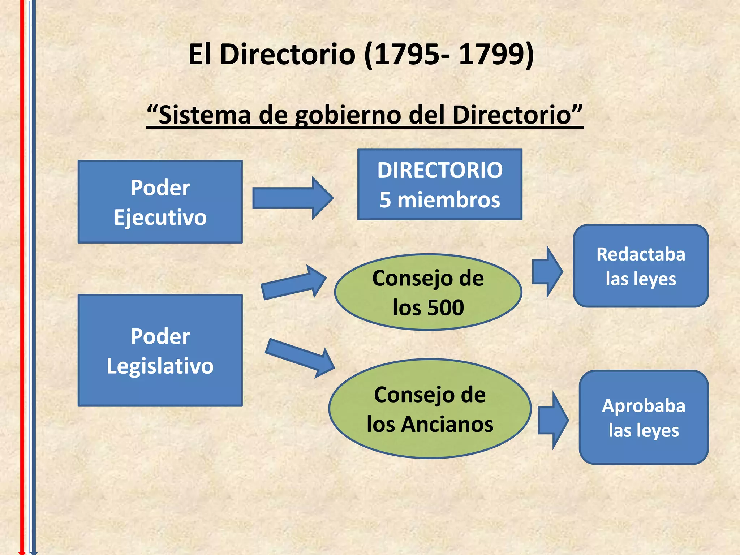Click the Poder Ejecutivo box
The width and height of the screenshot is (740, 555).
(x=160, y=202)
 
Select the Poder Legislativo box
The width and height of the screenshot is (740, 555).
(x=160, y=350)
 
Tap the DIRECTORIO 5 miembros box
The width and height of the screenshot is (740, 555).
(x=440, y=184)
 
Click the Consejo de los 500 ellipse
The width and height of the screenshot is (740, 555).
(x=428, y=292)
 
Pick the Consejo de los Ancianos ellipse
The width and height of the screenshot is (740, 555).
(x=430, y=409)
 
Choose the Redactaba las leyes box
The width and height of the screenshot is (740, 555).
(x=641, y=266)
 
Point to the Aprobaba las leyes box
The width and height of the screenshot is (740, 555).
(x=644, y=417)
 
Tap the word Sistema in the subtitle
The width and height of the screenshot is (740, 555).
(x=205, y=115)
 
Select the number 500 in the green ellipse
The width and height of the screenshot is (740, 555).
(x=446, y=307)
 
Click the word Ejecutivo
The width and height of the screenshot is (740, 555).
(x=160, y=217)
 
